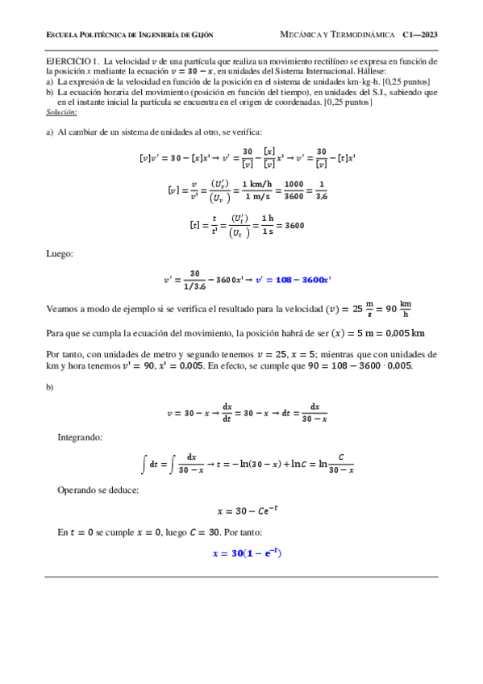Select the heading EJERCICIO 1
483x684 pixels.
[x=73, y=61]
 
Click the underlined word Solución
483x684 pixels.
[x=61, y=111]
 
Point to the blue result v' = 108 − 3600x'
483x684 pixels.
[x=294, y=280]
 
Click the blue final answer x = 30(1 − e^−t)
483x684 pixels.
[x=246, y=553]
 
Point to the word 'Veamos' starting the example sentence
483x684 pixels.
[x=60, y=307]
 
